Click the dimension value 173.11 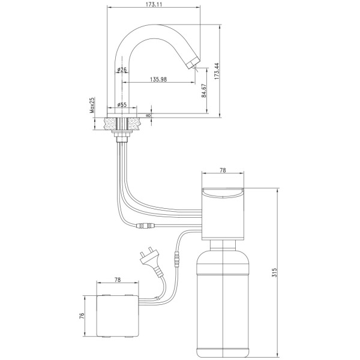154,4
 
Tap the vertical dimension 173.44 217,71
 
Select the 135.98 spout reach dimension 158,79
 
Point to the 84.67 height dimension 204,91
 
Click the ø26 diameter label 122,70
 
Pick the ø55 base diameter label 122,104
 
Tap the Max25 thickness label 92,105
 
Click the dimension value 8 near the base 149,115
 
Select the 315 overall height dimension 275,272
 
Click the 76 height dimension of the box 82,316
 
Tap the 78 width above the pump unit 223,170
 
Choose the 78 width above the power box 118,280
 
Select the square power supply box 118,316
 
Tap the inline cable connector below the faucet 145,226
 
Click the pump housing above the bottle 223,214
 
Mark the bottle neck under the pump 223,245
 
